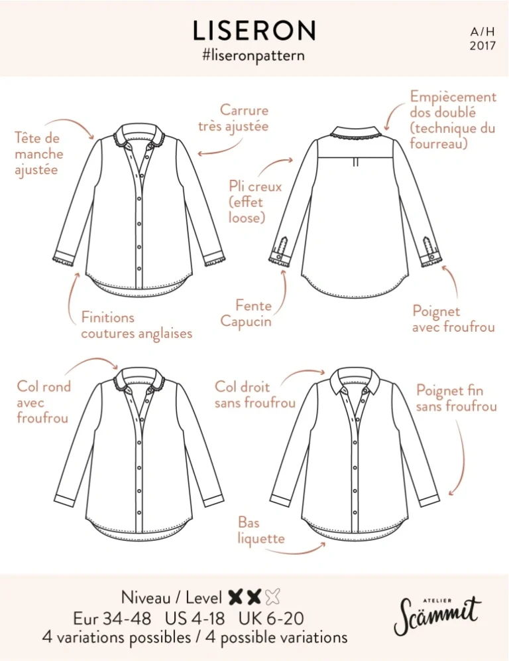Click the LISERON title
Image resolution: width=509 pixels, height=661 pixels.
coord(254,31)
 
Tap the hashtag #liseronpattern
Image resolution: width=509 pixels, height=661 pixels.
coord(253,56)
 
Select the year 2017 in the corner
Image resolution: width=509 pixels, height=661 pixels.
coord(482,46)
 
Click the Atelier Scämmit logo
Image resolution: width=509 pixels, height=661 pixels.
coord(437,615)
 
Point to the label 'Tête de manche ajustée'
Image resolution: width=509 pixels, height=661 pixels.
coord(38,154)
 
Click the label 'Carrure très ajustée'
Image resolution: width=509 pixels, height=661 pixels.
coord(234,118)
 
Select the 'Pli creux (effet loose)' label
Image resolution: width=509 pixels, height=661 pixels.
coord(255,202)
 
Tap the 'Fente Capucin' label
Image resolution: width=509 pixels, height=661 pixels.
coord(247,313)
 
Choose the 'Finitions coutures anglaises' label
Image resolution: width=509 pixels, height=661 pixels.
coord(137,325)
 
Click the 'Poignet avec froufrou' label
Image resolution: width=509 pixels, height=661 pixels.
coord(453,319)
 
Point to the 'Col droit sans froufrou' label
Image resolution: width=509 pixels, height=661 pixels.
coord(254,395)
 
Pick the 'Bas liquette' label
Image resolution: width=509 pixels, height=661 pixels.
coord(261,531)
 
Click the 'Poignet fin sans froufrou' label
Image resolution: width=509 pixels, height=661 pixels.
coord(457,398)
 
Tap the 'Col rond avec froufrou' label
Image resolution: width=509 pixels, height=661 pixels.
coord(43,402)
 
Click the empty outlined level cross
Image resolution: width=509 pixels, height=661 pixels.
coord(273,597)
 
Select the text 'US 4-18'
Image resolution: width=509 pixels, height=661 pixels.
coord(194,619)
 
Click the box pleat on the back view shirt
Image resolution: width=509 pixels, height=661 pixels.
coord(355,161)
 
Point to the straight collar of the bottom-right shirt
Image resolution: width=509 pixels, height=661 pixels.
coord(355,382)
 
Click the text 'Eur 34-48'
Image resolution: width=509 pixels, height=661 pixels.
coord(112,619)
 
